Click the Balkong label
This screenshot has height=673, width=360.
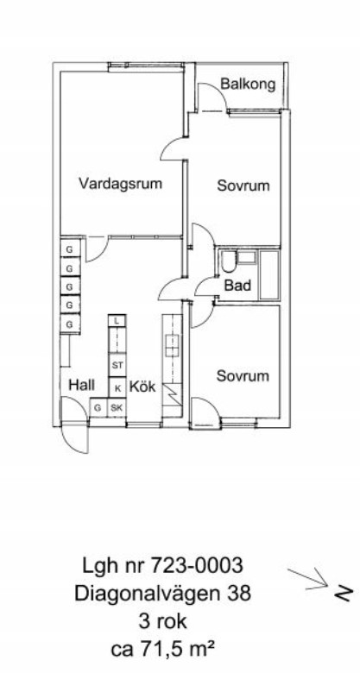pos(248,85)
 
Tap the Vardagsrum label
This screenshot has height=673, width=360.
pos(121,183)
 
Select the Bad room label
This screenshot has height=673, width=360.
pos(237,285)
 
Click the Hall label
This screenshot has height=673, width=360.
pos(82,385)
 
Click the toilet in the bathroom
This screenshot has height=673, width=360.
pos(228,261)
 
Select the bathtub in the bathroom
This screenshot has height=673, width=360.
pos(269,274)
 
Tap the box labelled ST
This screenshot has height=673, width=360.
pos(117,366)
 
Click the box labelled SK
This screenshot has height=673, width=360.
pos(117,408)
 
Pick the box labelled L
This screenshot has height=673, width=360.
pos(117,321)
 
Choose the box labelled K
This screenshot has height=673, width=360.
pos(117,388)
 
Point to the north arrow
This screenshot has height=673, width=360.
pos(307,579)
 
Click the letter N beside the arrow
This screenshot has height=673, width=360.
pos(344,593)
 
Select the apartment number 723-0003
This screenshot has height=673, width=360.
pos(196,566)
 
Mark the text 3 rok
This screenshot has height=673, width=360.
pos(163,621)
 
